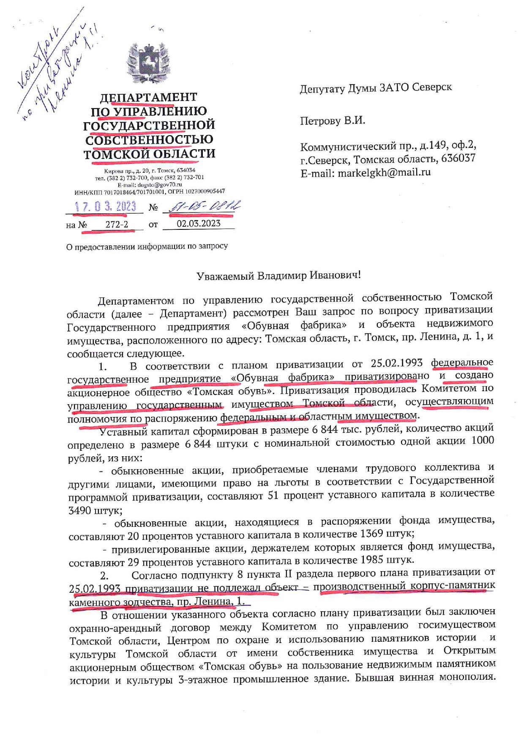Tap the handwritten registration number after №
click(x=205, y=206)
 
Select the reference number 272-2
click(x=117, y=224)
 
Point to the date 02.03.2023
click(x=198, y=223)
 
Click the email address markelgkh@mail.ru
click(x=384, y=172)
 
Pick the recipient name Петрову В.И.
click(x=332, y=121)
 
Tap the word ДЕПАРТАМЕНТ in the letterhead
click(x=148, y=98)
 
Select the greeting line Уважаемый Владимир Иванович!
click(x=278, y=275)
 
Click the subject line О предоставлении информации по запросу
click(x=147, y=246)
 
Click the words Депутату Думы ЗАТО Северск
click(x=376, y=87)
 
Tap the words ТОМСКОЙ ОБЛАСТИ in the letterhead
click(x=149, y=153)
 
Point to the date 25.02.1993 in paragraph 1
click(x=396, y=363)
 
